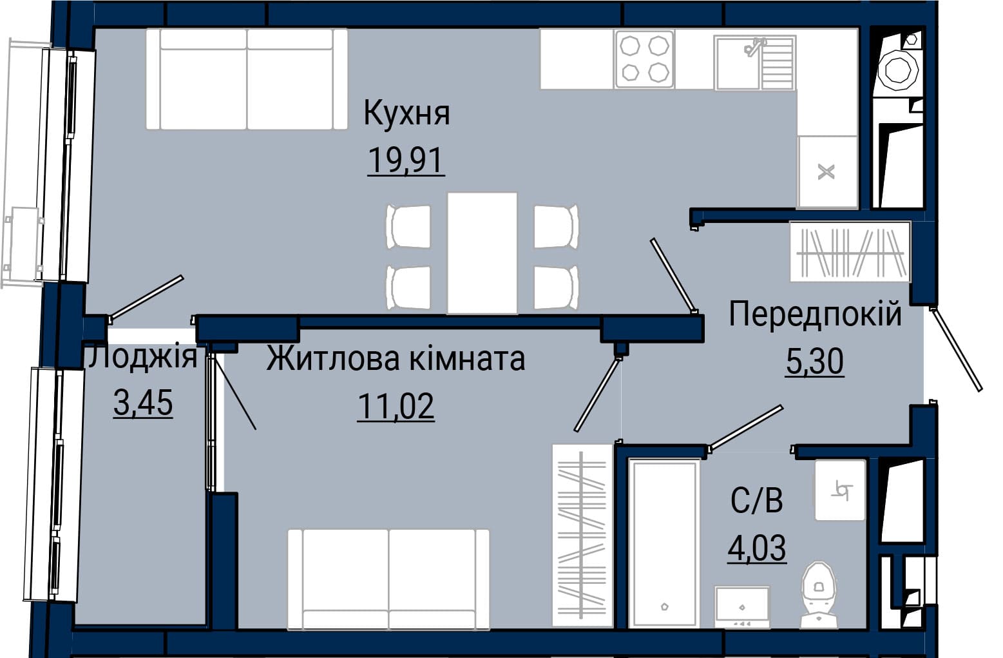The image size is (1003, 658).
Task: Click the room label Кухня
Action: tap(406, 113)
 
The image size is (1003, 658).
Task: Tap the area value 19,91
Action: tap(406, 160)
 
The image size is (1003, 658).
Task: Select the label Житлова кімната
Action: tap(396, 359)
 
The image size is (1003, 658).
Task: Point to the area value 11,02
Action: tap(396, 406)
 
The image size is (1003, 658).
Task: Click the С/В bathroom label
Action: tap(757, 500)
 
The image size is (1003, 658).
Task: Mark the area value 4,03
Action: tap(757, 547)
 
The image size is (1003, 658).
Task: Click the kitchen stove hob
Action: tap(644, 59)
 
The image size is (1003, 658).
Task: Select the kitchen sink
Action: tap(754, 63)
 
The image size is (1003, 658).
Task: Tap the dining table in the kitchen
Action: tap(482, 253)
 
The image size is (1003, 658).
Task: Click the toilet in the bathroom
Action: tap(819, 594)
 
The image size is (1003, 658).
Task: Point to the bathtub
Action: tap(664, 543)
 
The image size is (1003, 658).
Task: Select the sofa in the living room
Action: tap(388, 579)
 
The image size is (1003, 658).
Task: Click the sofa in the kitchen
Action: tap(247, 79)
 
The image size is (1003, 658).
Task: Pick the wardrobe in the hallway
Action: tap(850, 251)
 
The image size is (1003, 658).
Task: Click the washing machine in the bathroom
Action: tap(742, 607)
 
